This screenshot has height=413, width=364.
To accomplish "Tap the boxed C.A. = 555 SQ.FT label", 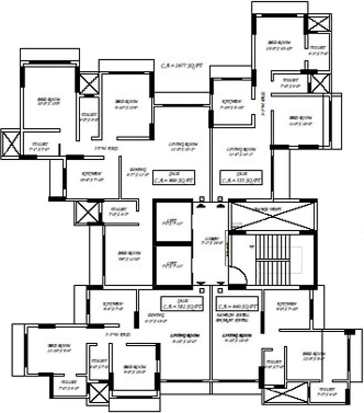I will (242, 178).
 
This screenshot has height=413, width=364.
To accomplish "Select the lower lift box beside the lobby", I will (172, 265).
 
